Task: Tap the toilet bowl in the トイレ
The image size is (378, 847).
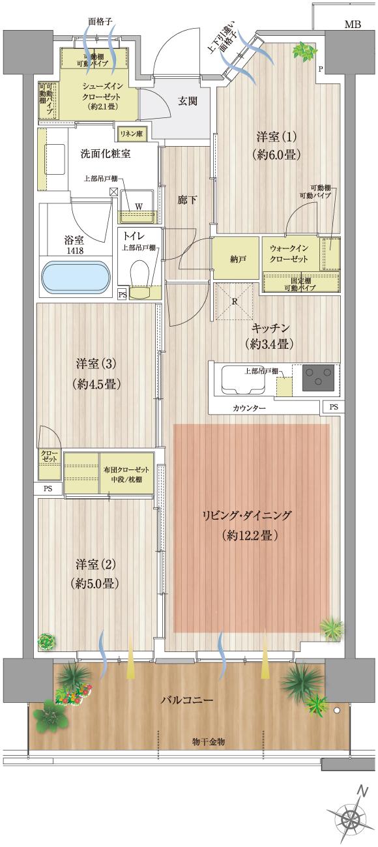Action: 139,273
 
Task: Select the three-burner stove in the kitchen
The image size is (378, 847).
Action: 318,379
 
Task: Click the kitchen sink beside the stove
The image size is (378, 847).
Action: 242,380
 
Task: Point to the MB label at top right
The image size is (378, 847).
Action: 352,25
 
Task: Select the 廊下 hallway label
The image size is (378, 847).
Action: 187,200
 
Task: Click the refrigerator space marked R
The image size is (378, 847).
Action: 234,301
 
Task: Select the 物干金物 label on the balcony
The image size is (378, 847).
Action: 210,742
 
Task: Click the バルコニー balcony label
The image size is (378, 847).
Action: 187,700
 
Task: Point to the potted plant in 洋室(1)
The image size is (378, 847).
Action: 303,50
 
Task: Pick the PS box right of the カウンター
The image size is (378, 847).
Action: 334,408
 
